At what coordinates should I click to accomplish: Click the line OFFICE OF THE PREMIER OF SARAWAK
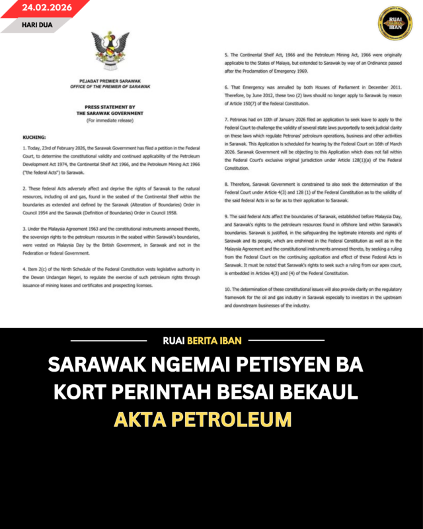point(110,87)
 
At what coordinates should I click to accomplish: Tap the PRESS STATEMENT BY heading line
point(110,107)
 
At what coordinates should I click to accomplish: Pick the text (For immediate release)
point(110,120)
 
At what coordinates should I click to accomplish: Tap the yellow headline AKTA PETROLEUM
point(202,419)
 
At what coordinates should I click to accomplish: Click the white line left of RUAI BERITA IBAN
point(108,341)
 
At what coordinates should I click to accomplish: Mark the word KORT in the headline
point(79,392)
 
